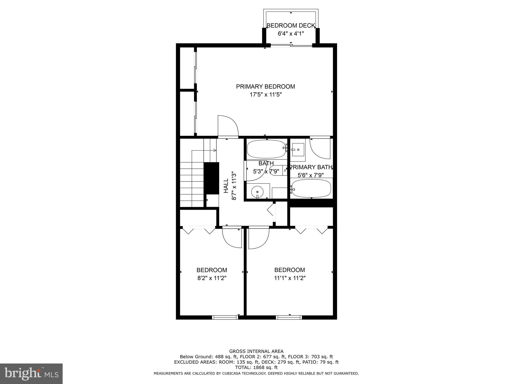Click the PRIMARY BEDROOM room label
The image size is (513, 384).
266,86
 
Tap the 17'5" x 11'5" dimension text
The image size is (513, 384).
266,95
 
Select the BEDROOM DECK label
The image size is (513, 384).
291,25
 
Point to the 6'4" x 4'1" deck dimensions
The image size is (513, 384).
291,33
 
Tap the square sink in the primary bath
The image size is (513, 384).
298,149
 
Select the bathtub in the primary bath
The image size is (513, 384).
311,188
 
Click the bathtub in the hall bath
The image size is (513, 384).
266,149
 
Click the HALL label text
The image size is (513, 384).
226,185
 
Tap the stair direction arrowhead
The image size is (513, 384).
215,150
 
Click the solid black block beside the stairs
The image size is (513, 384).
211,178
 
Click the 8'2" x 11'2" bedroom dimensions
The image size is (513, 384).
212,278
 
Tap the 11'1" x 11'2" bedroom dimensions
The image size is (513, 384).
290,278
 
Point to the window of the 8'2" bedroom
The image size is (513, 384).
225,317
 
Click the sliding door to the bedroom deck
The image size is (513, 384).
291,45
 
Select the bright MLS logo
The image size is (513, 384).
31,374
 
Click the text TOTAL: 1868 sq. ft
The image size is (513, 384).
256,367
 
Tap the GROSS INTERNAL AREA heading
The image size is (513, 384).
256,351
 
